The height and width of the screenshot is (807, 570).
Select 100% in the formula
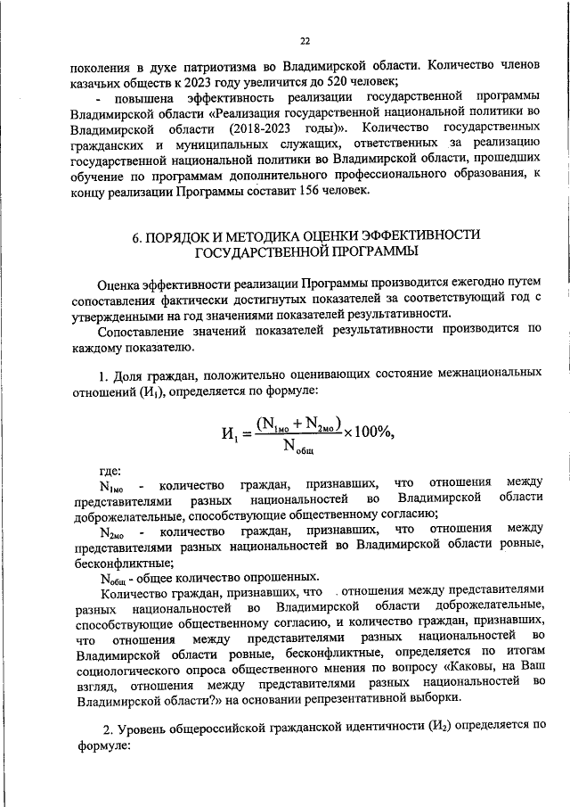pos(372,432)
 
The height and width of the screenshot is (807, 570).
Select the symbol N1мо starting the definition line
pos(114,487)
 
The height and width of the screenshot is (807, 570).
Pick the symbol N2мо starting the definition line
pos(114,532)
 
